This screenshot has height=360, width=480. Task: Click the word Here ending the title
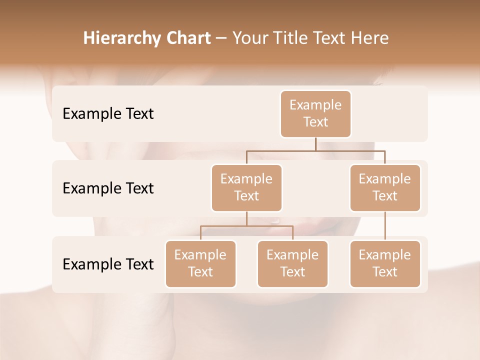pos(369,38)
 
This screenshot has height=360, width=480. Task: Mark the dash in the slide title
pos(221,38)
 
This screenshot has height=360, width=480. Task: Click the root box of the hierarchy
pos(315,113)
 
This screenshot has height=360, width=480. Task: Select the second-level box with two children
pos(246,187)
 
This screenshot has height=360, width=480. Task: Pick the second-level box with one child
pos(385,187)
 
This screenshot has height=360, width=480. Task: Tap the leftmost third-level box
pos(200,263)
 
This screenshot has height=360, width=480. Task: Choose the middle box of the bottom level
pos(292,263)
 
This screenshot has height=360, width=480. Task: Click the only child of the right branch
pos(385,263)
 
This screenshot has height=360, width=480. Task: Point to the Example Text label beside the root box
pos(108,113)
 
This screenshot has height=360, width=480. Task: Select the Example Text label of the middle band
pos(108,188)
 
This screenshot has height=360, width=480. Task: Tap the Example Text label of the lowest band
pos(108,264)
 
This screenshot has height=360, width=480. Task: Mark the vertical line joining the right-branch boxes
pos(385,226)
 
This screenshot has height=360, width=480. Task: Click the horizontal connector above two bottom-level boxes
pos(246,226)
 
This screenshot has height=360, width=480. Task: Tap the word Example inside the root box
pos(315,105)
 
